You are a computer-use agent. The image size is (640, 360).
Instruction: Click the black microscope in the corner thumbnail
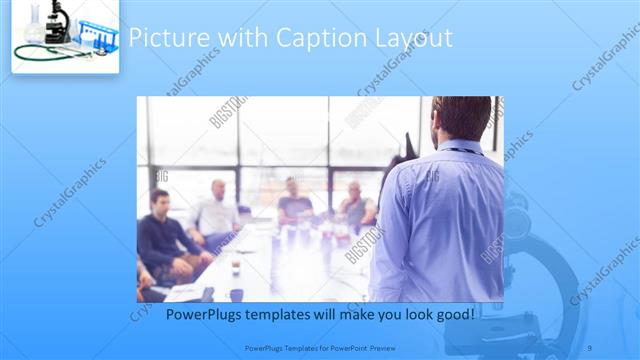pyautogui.click(x=55, y=22)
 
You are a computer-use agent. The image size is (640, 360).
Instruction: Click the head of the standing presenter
pyautogui.click(x=462, y=117)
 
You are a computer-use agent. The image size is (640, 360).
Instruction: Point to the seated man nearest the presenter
pyautogui.click(x=355, y=205)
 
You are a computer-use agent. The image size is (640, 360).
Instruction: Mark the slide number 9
pyautogui.click(x=590, y=348)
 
